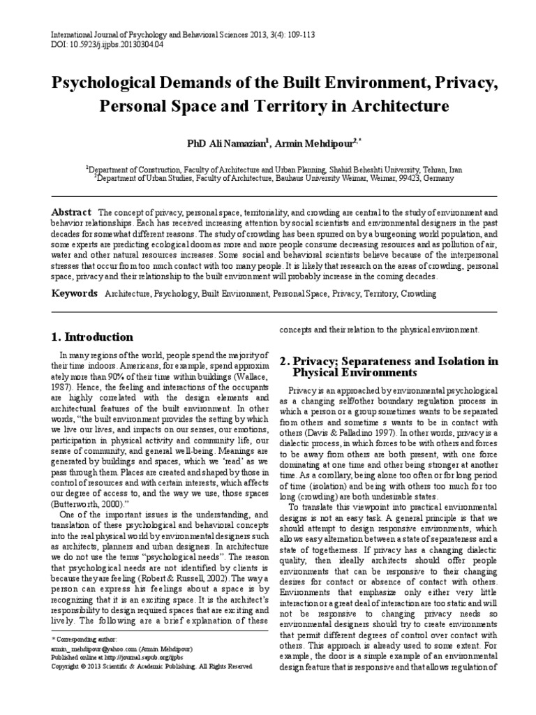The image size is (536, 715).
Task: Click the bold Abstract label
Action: pyautogui.click(x=72, y=212)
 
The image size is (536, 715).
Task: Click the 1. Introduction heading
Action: pyautogui.click(x=94, y=337)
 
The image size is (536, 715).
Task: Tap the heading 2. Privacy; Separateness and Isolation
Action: pyautogui.click(x=389, y=367)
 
